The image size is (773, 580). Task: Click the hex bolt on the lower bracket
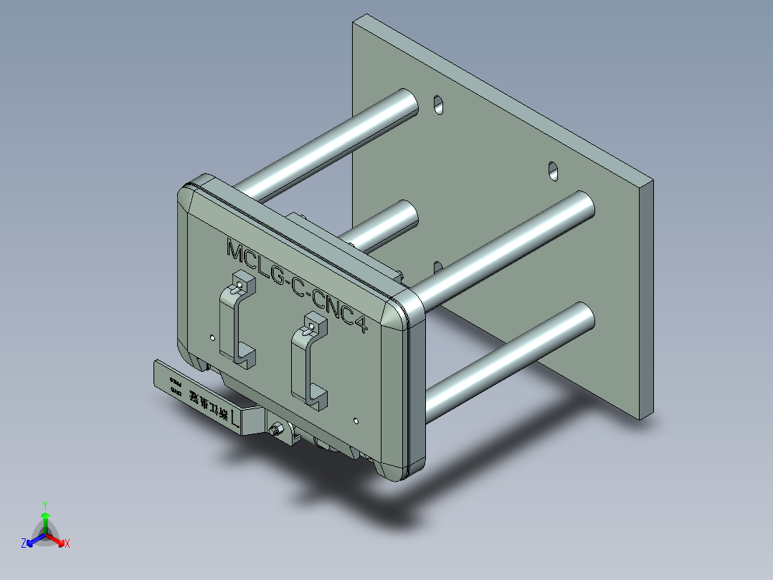(x=275, y=430)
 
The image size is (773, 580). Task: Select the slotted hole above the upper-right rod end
(x=553, y=170)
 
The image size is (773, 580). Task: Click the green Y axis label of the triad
(x=44, y=504)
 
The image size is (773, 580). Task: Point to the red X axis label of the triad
(x=67, y=544)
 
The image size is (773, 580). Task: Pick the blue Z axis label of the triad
(x=23, y=544)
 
